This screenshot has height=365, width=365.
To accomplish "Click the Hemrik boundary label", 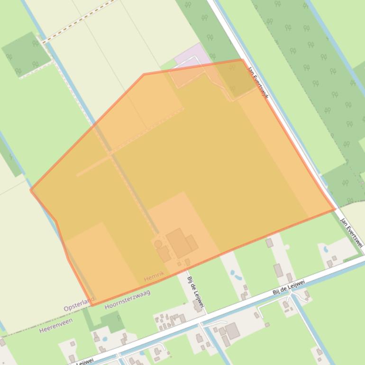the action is click(154, 274).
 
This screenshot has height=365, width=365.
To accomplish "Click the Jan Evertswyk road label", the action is click(258, 82).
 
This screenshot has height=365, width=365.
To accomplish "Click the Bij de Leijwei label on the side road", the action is click(195, 292).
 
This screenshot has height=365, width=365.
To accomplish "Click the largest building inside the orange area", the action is click(179, 243).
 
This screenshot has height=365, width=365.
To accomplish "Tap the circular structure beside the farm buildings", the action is click(158, 244).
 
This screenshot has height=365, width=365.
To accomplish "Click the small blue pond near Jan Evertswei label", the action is click(325, 248).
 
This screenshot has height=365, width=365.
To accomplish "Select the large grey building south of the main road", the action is click(232, 330).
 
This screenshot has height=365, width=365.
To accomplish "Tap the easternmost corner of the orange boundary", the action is click(335, 209).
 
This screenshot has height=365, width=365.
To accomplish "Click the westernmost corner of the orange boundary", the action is click(31, 190).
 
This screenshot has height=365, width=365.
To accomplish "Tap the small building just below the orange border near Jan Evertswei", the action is click(269, 243).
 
